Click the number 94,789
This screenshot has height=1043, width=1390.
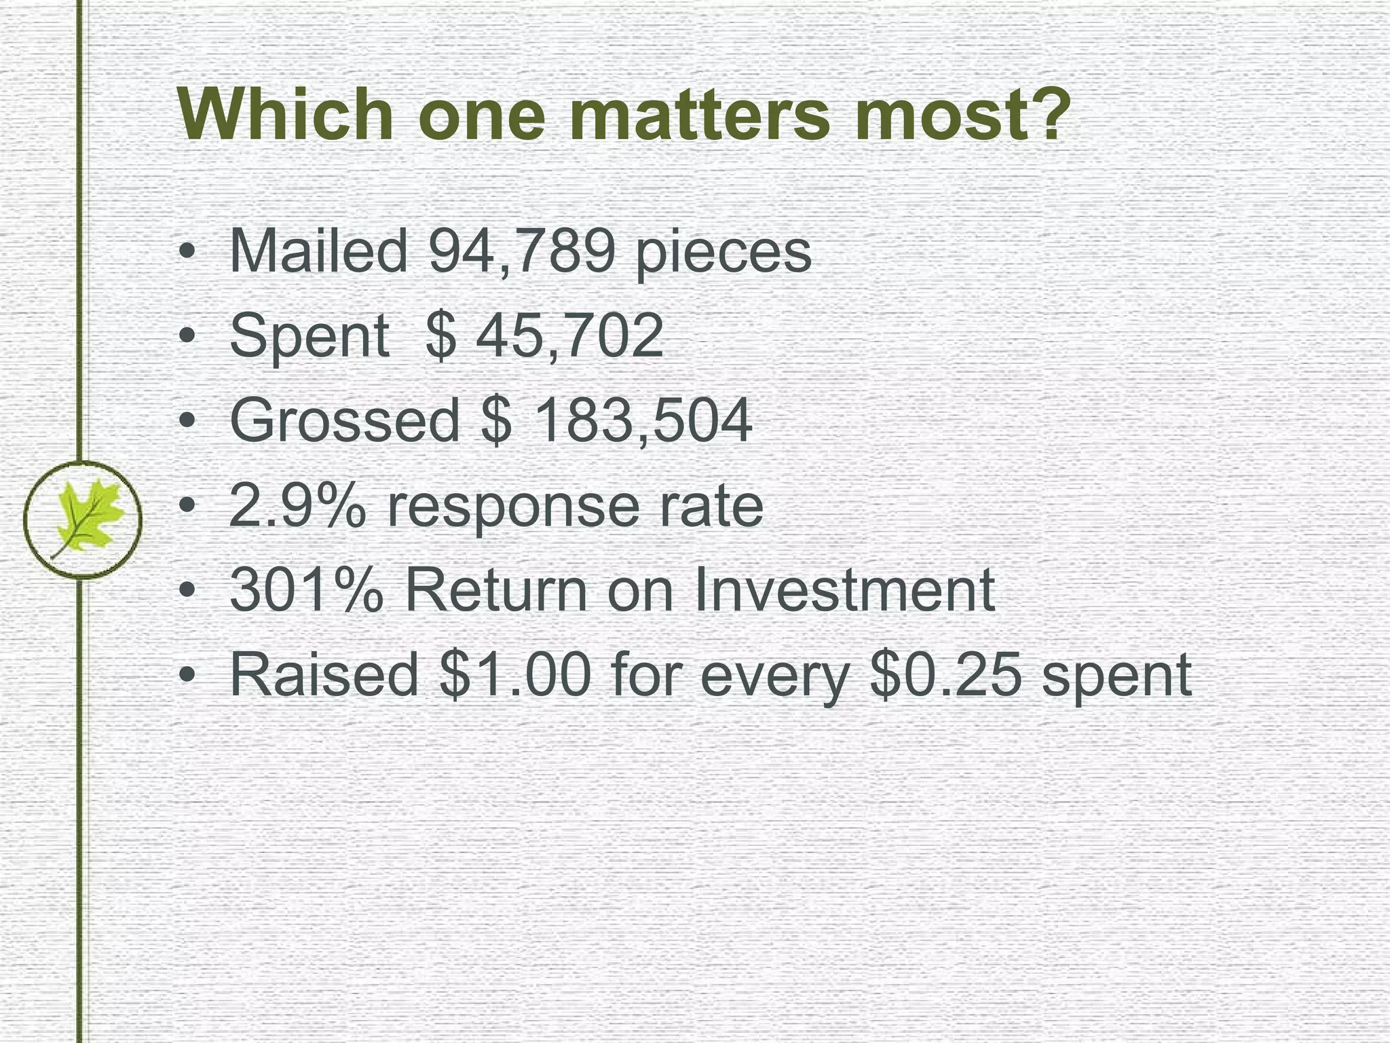coord(521,251)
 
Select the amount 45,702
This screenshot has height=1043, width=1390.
coord(569,335)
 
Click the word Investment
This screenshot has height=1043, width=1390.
coord(845,590)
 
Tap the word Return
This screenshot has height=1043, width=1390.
coord(496,590)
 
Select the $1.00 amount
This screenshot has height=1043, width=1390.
coord(515,675)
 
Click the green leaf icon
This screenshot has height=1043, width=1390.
coord(82,519)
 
